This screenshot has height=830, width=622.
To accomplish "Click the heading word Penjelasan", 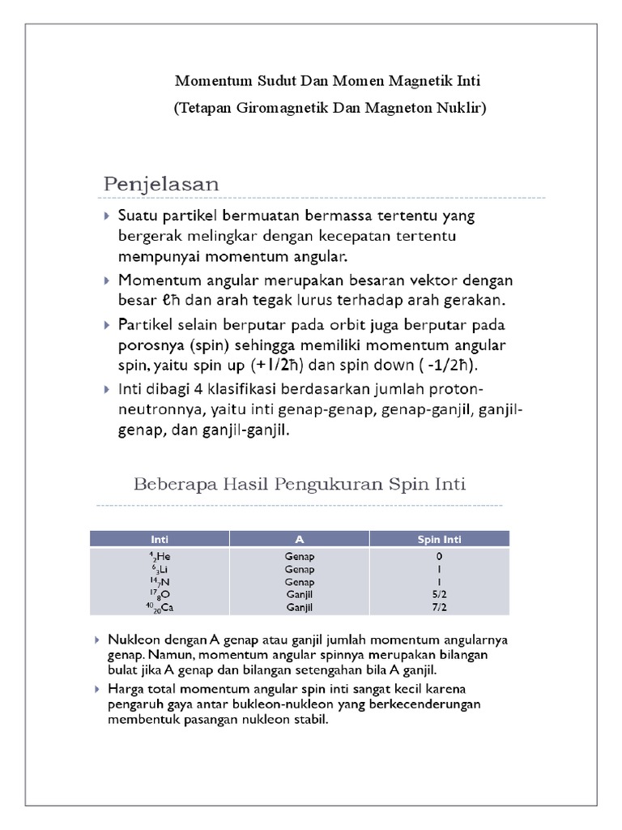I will click(161, 184).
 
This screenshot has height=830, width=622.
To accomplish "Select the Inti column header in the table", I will click(160, 539).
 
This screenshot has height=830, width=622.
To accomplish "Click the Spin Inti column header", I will click(439, 539).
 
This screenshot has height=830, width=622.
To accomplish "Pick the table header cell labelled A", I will click(300, 539).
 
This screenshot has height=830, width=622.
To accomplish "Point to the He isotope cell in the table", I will click(159, 557).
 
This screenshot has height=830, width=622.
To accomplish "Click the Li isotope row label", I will click(159, 570).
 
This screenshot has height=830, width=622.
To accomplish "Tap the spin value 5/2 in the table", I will click(439, 594).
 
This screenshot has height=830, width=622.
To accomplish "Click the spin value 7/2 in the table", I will click(439, 607).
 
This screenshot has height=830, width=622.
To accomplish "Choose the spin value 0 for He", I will click(439, 557).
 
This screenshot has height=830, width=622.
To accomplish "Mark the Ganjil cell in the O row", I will click(300, 594).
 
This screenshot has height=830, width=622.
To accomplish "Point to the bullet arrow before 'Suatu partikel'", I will click(109, 216).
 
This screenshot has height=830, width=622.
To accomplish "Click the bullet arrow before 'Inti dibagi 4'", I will click(109, 390).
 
